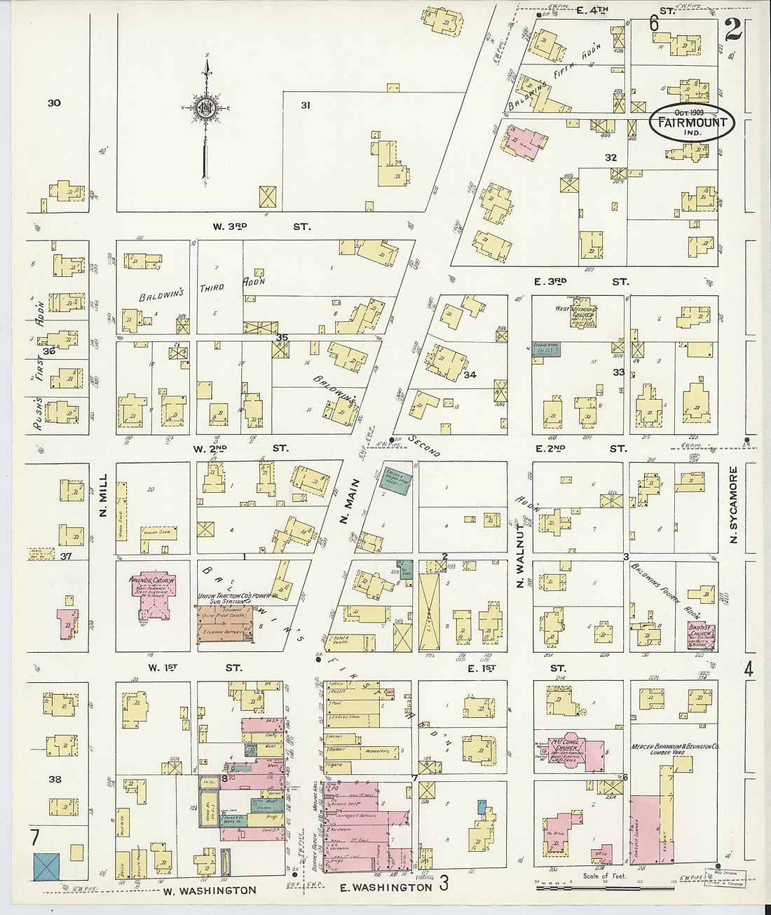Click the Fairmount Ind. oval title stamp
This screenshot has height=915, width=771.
pyautogui.click(x=691, y=123)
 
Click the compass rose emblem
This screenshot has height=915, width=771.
pyautogui.click(x=206, y=109)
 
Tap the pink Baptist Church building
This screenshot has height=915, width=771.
pyautogui.click(x=700, y=637)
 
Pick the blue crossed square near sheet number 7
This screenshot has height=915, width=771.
pyautogui.click(x=47, y=867)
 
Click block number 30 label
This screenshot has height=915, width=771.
pyautogui.click(x=54, y=103)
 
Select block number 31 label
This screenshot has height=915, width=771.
pyautogui.click(x=306, y=105)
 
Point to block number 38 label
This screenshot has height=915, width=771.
pyautogui.click(x=54, y=779)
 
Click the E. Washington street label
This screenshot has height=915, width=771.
pyautogui.click(x=385, y=888)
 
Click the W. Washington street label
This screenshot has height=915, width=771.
pyautogui.click(x=210, y=890)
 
